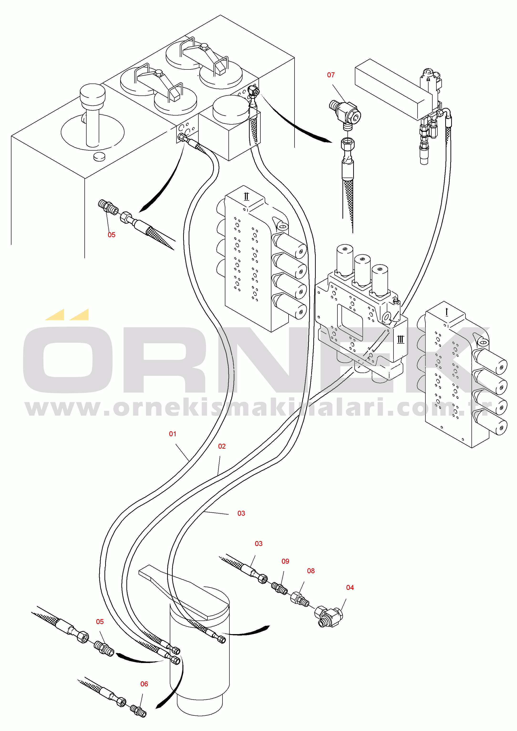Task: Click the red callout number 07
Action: (x=331, y=75)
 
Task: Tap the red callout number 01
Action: (x=173, y=434)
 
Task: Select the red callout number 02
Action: (x=222, y=446)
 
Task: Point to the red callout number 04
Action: (x=350, y=587)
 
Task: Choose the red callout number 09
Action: (x=285, y=561)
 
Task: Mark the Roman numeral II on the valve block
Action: (x=246, y=196)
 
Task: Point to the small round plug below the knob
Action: (x=99, y=157)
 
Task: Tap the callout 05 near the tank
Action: (x=111, y=235)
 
